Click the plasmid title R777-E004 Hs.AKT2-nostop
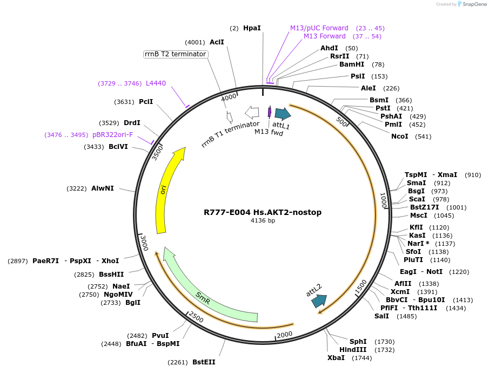click(263, 212)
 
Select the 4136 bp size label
click(263, 221)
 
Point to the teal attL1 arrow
click(283, 114)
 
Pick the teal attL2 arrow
click(319, 301)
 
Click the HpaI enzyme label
click(252, 28)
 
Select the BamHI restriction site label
click(352, 64)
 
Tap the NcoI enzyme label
click(400, 136)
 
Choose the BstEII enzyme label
click(204, 362)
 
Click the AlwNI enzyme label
click(102, 188)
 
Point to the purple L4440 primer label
click(156, 83)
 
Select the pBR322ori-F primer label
click(112, 135)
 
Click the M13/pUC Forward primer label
click(319, 28)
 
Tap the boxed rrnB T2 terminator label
click(176, 54)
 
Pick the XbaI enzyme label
click(336, 358)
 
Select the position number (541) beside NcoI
click(423, 136)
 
